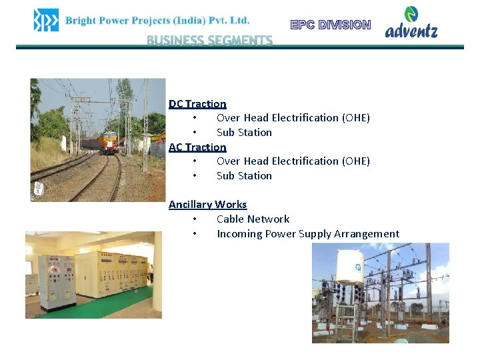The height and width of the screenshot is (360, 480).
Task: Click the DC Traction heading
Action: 197,103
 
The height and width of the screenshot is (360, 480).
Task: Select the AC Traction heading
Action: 197,147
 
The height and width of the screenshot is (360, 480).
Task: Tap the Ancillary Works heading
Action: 207,204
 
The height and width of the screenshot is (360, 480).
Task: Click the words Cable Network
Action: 253,219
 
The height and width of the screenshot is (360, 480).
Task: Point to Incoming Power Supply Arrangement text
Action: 307,233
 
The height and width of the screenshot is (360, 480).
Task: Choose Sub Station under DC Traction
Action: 244,132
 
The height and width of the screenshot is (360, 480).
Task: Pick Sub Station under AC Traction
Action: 244,175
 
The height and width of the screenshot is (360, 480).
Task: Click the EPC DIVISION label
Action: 331,25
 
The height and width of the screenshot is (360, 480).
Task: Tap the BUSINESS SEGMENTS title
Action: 209,41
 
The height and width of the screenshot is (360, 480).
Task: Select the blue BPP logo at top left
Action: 46,20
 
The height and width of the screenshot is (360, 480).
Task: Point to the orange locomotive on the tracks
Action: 108,142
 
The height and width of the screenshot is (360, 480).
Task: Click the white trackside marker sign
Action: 39,189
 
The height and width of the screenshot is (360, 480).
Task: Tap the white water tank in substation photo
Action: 349,267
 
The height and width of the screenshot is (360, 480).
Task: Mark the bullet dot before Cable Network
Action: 194,219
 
